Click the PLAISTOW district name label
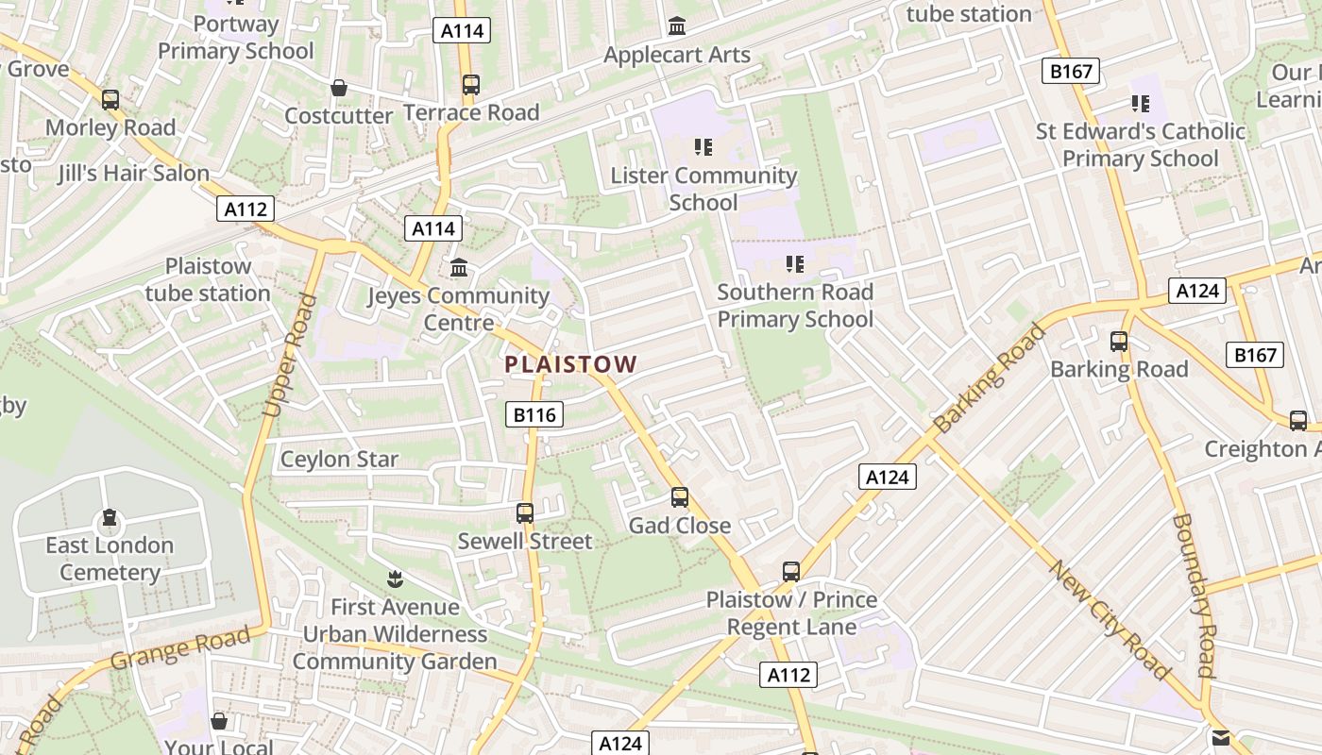571,363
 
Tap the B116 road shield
534,414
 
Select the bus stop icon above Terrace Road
471,85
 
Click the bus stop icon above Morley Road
110,99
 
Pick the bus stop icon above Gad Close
680,497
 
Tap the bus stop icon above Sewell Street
525,513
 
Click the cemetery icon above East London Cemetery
110,518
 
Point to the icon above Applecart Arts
677,26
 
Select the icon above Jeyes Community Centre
459,268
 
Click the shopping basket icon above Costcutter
339,88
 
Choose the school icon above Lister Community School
703,147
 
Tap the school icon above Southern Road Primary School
795,264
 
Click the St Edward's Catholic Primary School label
1141,144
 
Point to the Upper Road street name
289,356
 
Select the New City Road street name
1110,619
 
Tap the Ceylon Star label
340,460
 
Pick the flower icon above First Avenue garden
395,578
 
